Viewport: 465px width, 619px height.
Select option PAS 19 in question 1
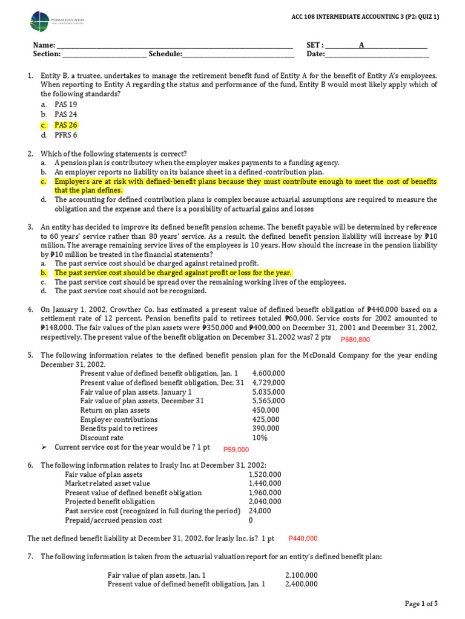click(x=65, y=105)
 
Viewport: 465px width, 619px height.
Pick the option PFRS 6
click(x=67, y=135)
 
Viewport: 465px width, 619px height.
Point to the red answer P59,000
click(x=236, y=449)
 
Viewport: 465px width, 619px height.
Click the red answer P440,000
click(x=303, y=539)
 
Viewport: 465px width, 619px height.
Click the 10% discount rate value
click(x=260, y=438)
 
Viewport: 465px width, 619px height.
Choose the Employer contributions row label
click(x=119, y=420)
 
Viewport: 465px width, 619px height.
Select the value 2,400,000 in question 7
click(x=301, y=585)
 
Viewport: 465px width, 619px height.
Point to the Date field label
click(x=315, y=54)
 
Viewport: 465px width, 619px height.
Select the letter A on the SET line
click(x=361, y=45)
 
